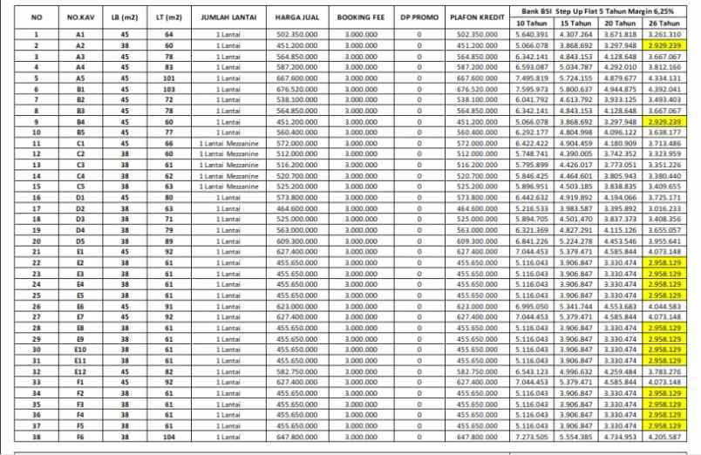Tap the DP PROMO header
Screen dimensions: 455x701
(x=419, y=17)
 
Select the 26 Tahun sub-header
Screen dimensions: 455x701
(x=666, y=24)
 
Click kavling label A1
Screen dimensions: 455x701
(x=80, y=34)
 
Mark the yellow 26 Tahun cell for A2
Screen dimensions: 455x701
(x=666, y=45)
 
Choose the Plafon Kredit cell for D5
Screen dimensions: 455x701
(x=475, y=241)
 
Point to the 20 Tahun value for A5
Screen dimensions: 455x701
(x=622, y=78)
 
